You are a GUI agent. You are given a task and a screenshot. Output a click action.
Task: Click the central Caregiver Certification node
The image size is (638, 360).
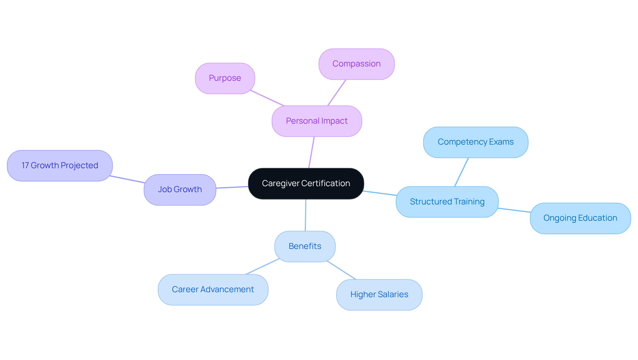pyautogui.click(x=306, y=183)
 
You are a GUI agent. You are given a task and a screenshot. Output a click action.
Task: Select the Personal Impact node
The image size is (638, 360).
pyautogui.click(x=317, y=121)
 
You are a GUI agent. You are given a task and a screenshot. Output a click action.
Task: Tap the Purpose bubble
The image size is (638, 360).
pyautogui.click(x=225, y=78)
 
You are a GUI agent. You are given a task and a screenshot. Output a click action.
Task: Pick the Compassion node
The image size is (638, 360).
pyautogui.click(x=357, y=64)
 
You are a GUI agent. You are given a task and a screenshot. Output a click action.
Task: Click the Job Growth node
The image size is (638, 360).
pyautogui.click(x=180, y=189)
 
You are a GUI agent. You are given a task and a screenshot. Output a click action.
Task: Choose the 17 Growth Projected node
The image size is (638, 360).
pyautogui.click(x=60, y=166)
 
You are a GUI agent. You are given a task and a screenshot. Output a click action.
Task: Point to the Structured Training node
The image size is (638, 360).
pyautogui.click(x=447, y=202)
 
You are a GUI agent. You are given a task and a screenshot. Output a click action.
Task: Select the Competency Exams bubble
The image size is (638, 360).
pyautogui.click(x=476, y=142)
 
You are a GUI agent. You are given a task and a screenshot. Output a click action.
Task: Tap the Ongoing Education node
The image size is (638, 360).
pyautogui.click(x=580, y=218)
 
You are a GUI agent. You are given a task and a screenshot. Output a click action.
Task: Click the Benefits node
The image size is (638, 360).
pyautogui.click(x=305, y=246)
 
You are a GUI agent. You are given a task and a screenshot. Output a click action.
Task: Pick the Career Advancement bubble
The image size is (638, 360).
pyautogui.click(x=213, y=290)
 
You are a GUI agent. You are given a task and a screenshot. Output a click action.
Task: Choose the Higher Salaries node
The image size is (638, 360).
pyautogui.click(x=379, y=295)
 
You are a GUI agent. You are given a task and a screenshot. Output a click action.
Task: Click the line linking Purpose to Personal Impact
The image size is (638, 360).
pyautogui.click(x=267, y=98)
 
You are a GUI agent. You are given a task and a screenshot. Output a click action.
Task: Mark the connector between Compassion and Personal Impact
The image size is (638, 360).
pyautogui.click(x=337, y=93)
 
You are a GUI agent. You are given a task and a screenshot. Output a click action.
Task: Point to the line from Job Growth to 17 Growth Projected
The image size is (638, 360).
pyautogui.click(x=128, y=179)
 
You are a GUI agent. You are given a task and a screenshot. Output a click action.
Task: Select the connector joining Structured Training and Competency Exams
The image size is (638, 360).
pyautogui.click(x=461, y=172)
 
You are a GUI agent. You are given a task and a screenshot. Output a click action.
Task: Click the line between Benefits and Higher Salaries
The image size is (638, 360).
pyautogui.click(x=341, y=270)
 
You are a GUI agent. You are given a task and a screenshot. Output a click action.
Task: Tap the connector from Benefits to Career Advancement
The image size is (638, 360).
pyautogui.click(x=263, y=267)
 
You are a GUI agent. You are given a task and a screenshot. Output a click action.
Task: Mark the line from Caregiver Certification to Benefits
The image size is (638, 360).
pyautogui.click(x=305, y=215)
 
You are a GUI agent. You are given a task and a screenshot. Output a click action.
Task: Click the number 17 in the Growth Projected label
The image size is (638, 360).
pyautogui.click(x=25, y=166)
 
